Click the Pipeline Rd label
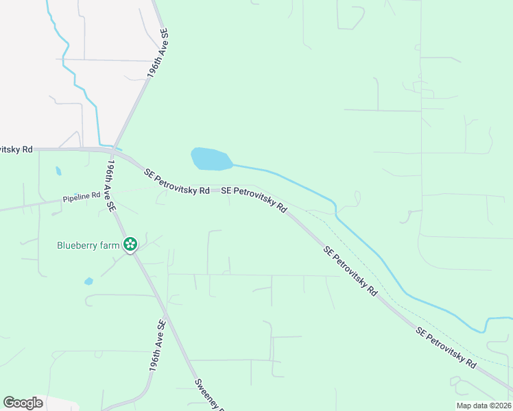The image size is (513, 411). tap(82, 196)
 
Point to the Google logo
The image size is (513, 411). tap(23, 403)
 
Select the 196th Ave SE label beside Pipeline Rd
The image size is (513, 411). tap(110, 186)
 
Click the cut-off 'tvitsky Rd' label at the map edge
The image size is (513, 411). tap(16, 149)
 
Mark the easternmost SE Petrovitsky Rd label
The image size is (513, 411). tap(446, 348)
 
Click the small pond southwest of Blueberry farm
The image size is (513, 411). tap(88, 281)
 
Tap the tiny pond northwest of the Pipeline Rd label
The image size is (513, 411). tap(58, 171)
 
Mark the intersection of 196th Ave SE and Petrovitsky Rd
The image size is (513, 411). tap(115, 152)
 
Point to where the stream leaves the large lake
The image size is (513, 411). tap(233, 164)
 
